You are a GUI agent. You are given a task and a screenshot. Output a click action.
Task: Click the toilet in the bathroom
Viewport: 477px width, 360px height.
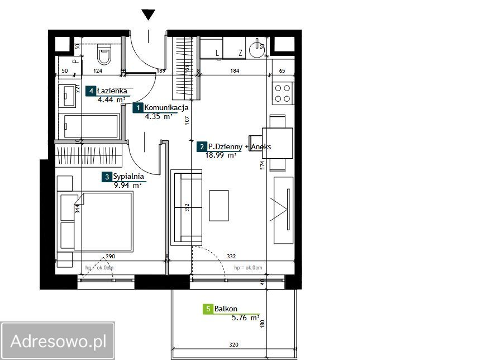tap(104, 54)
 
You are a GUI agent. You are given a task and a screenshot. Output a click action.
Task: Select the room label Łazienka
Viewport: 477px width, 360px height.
tap(112, 91)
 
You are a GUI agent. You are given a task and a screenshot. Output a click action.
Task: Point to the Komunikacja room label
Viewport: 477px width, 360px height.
tap(166, 108)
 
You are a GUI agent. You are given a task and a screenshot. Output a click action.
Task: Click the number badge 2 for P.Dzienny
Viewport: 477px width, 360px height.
tap(201, 147)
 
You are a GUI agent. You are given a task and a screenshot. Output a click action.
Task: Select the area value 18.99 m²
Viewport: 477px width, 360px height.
tap(221, 155)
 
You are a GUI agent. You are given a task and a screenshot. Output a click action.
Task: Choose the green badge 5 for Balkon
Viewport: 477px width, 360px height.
tap(208, 309)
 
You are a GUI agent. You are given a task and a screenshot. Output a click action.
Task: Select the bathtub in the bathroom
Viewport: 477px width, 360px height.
tap(89, 126)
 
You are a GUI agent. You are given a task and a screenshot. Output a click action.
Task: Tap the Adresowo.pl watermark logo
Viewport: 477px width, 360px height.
tap(58, 340)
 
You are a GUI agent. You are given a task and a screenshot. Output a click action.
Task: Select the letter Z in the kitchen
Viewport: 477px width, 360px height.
tap(240, 53)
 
